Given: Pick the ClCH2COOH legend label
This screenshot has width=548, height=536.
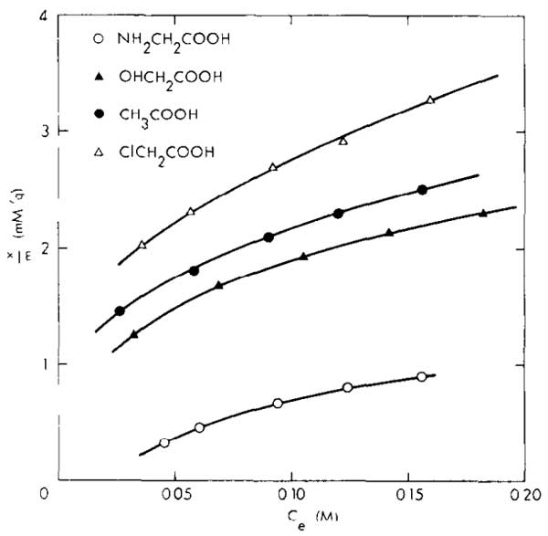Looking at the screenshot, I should pos(159,152).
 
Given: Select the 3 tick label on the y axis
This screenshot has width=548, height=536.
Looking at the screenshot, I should pos(29,131).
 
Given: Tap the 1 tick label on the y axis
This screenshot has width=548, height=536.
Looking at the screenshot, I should pos(29,364).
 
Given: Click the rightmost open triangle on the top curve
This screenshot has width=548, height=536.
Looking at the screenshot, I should pos(430,100).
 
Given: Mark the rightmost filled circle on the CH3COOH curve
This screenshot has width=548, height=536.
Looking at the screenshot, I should pos(422,190).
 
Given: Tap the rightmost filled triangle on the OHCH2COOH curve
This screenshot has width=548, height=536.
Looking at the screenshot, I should pos(483,213).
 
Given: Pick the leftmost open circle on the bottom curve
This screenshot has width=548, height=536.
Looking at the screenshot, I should pos(164,443).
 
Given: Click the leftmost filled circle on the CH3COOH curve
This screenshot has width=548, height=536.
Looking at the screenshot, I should pos(120,311).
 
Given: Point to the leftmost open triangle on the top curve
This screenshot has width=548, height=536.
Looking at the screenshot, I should pos(142,245).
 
